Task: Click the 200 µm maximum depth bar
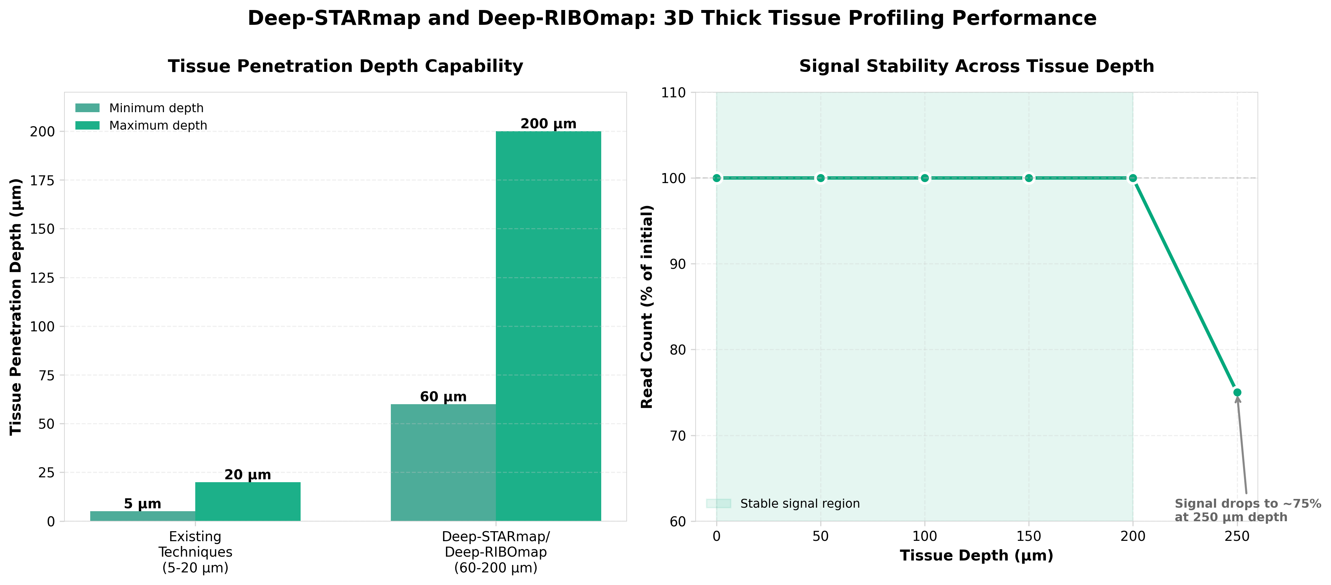pos(548,326)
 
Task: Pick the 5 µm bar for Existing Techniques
pos(143,516)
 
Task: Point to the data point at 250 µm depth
pos(1237,392)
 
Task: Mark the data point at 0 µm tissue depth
pos(717,178)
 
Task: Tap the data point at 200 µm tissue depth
pos(1133,178)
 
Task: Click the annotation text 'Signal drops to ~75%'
pos(1247,503)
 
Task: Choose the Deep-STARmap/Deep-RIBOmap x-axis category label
pos(496,552)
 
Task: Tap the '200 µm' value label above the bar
pos(548,124)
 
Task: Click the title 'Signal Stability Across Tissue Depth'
pos(976,66)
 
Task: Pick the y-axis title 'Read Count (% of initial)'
pos(647,307)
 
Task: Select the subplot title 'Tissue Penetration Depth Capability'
pos(345,66)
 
